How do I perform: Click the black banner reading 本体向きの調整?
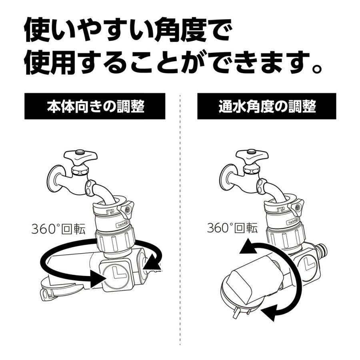coord(95,106)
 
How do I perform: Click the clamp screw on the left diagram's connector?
coord(128,210)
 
